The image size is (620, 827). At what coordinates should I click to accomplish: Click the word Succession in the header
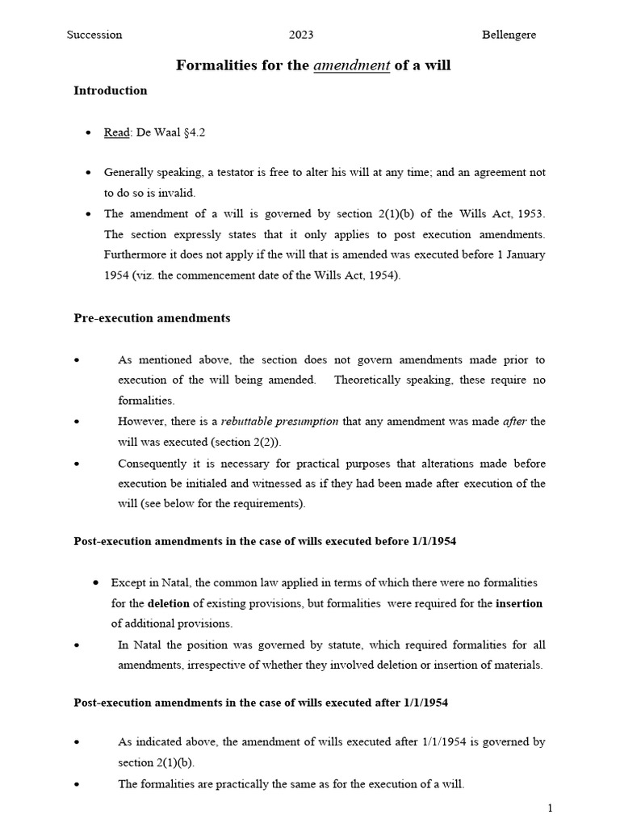94,35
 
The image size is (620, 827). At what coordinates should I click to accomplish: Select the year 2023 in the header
301,35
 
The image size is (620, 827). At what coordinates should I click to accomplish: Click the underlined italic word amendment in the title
351,65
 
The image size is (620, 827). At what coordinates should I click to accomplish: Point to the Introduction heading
111,90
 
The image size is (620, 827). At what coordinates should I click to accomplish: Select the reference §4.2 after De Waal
191,132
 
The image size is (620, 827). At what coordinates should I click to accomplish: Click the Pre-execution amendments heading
152,318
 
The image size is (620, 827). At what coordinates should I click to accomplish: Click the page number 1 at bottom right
550,808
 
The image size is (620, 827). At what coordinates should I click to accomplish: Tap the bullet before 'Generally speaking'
88,173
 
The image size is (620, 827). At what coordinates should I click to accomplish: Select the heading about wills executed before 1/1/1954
265,541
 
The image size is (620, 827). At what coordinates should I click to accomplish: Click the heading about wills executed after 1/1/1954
261,703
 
